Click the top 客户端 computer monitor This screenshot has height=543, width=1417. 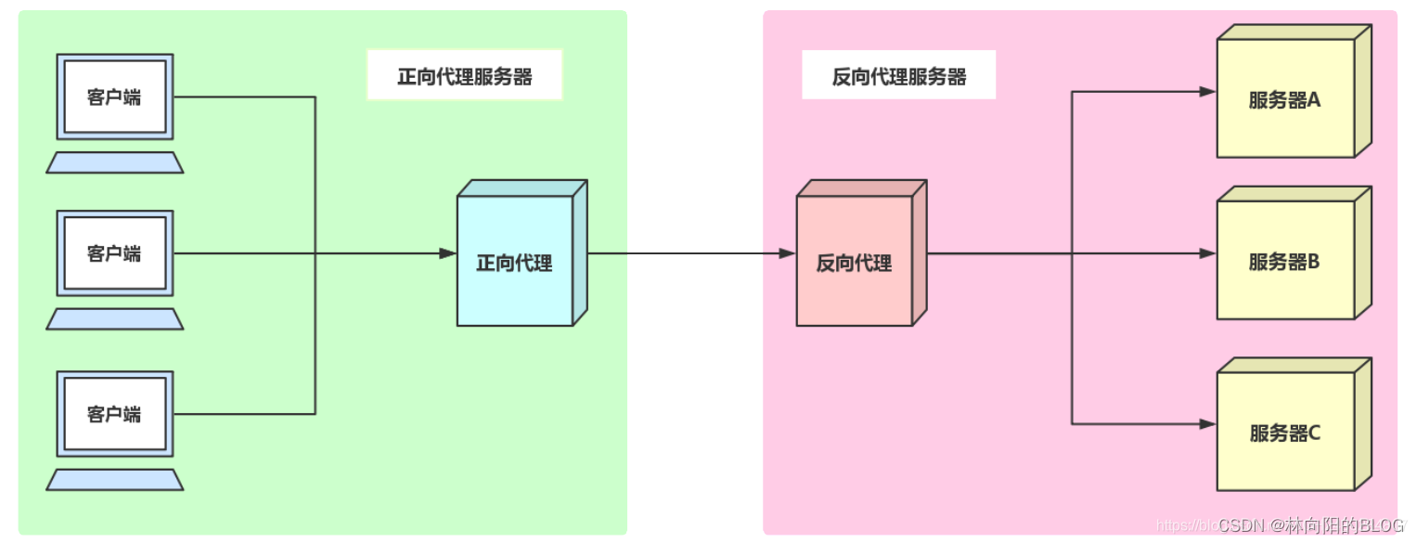[x=115, y=97]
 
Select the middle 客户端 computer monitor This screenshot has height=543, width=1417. [x=115, y=253]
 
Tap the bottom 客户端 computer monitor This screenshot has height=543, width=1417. [x=115, y=414]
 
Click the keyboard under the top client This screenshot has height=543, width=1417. [x=115, y=162]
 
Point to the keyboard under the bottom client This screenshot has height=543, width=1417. [x=115, y=480]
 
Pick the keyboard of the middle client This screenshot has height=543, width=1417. [x=115, y=319]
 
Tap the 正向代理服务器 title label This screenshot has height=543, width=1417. [x=465, y=76]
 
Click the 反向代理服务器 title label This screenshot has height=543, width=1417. [x=898, y=76]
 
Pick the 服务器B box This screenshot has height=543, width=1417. [x=1286, y=260]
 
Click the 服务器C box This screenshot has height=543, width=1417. [x=1286, y=432]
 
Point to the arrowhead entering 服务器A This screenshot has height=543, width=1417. [x=1207, y=92]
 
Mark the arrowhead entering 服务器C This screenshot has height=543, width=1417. [x=1207, y=424]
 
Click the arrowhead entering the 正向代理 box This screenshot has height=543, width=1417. [x=448, y=253]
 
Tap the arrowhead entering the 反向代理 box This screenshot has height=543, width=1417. [x=787, y=253]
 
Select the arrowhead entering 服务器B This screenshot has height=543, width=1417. [x=1207, y=253]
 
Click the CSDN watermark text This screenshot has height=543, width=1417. [x=1310, y=526]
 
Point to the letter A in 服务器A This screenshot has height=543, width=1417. [x=1313, y=100]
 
